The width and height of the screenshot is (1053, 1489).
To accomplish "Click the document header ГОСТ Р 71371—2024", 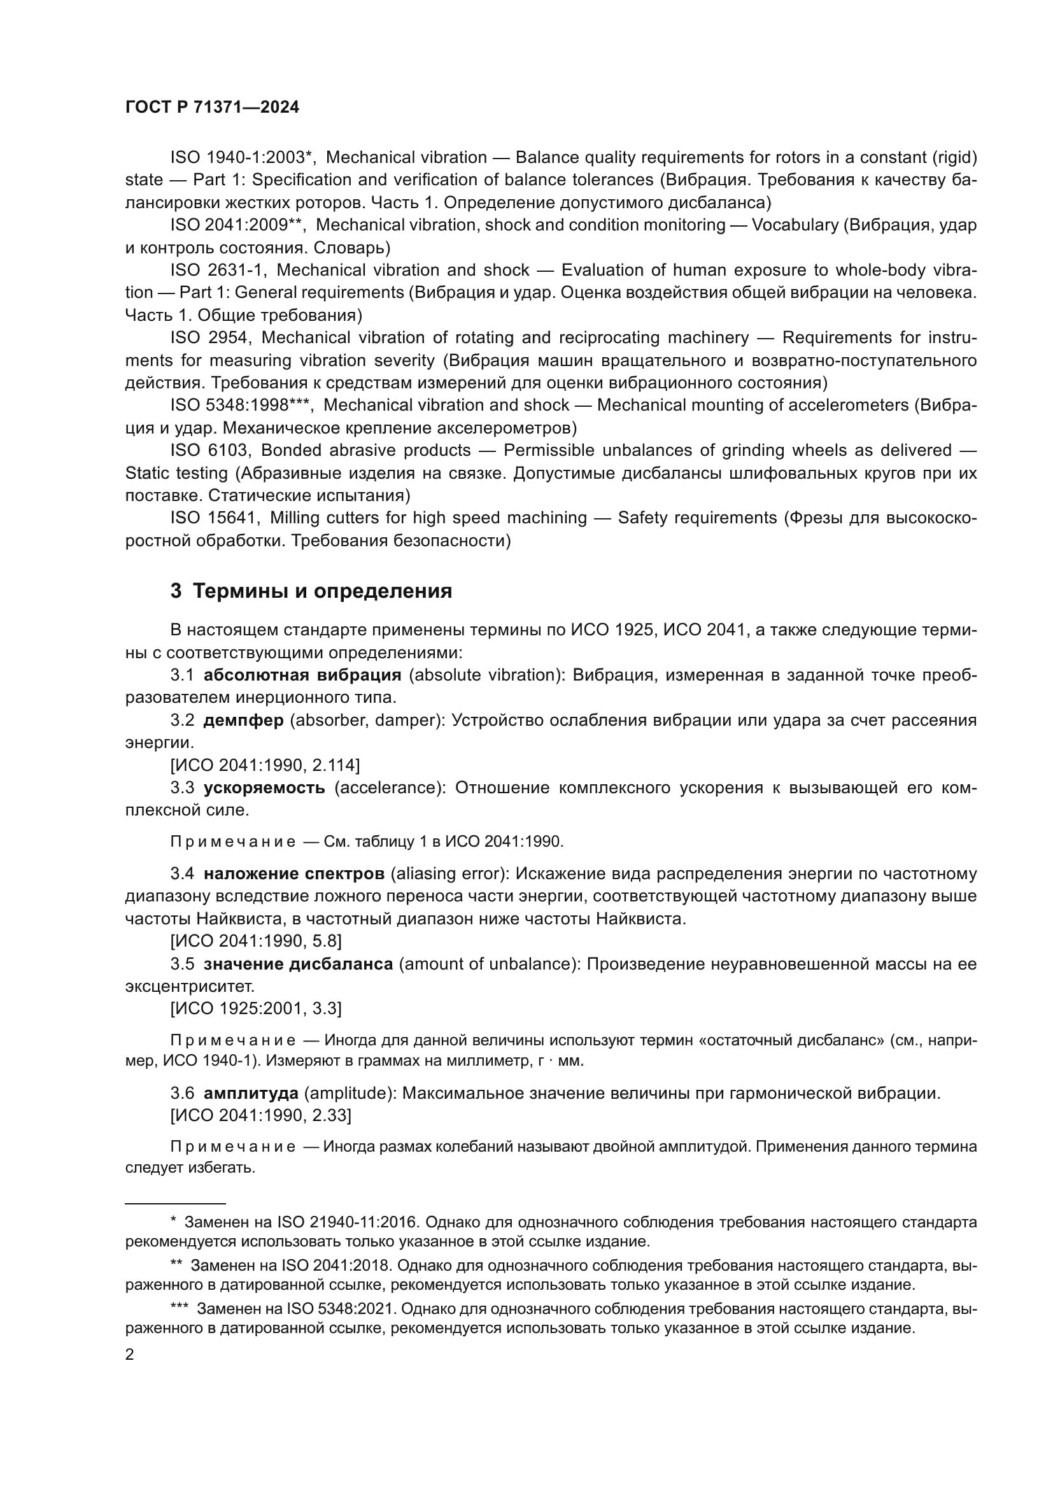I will point(212,108).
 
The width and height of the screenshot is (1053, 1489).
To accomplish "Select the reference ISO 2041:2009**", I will point(237,225).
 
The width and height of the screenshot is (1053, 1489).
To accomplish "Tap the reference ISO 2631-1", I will point(215,270).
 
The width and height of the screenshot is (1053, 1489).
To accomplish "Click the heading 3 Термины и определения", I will point(311,591).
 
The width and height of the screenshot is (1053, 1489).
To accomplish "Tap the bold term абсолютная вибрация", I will point(302,675).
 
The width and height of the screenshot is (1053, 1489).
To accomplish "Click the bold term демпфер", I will point(243,721).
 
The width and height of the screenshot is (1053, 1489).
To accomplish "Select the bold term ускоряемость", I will point(264,788).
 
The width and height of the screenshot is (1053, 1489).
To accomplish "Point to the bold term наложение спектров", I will point(293,873).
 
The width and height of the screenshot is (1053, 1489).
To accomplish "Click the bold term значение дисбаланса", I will point(298,964).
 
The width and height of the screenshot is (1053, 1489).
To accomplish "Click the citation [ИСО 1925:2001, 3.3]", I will point(255,1008).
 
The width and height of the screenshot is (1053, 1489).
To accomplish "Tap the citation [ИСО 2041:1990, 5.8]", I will point(255,941).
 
